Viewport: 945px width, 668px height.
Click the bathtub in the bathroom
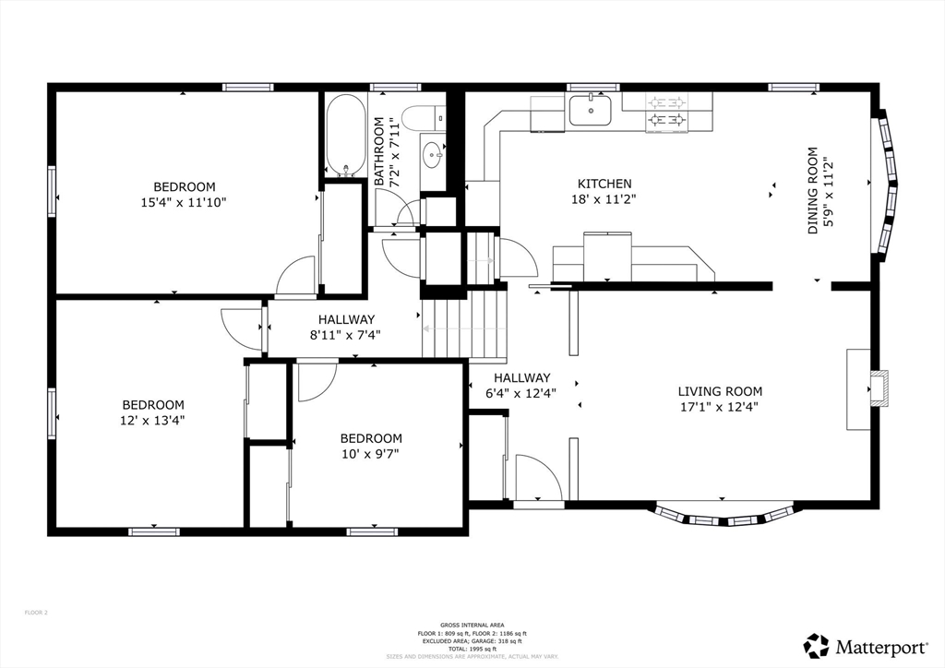coord(345,135)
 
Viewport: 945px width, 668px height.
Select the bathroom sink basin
coord(432,154)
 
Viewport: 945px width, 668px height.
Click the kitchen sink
coord(590,110)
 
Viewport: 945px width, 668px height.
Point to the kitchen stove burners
coord(667,110)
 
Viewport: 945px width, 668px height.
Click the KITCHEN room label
coord(604,184)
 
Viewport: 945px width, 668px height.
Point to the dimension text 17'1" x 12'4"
coord(720,406)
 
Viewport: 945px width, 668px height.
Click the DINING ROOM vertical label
coord(813,191)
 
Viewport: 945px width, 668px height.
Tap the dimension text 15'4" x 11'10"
coord(185,202)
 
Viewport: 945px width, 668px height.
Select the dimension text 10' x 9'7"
coord(371,454)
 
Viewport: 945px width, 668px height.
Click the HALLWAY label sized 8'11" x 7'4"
coord(345,320)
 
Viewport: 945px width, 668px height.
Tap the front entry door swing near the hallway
coord(539,477)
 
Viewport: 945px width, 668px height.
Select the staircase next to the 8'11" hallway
coord(466,327)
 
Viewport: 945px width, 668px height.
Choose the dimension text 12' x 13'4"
coord(153,420)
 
